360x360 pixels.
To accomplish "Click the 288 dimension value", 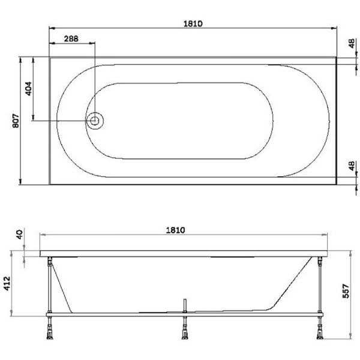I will point(71,38).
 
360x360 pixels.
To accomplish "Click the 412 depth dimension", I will point(8,284).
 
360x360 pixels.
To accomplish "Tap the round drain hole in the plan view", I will point(94,121).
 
